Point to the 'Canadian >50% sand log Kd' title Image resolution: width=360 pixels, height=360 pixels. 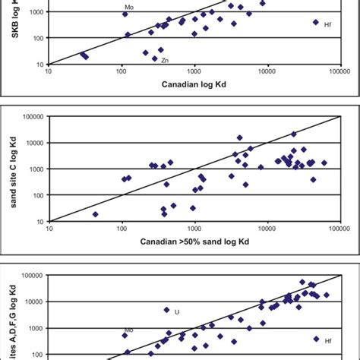[x=194, y=242]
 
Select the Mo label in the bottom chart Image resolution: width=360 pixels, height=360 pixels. [x=129, y=330]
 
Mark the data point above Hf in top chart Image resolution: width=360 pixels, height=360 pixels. [x=316, y=22]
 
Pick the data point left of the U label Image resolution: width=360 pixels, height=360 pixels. [x=167, y=310]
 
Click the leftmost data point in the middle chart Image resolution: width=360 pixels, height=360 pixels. [x=96, y=214]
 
